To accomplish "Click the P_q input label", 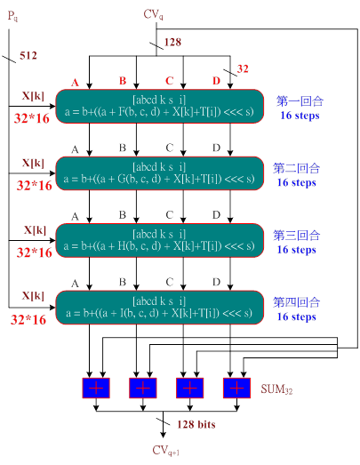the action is point(12,16).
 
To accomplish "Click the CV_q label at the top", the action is point(153,14).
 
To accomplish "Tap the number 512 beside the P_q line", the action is point(28,55).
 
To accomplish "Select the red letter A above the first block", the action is point(75,82).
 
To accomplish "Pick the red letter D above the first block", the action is point(216,81).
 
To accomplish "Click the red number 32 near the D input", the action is point(243,68).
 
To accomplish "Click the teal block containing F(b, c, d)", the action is point(159,106).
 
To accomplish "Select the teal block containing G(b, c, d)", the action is point(159,173).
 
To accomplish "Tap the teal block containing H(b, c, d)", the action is point(159,240).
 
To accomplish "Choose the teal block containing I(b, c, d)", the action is point(159,308).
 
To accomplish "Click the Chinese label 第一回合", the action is point(300,101).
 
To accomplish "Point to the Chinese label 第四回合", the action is point(296,302).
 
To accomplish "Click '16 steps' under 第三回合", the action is point(296,250).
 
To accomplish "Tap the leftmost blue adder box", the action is point(96,388).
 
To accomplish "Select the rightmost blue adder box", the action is point(236,388).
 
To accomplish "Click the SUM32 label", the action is point(276,389).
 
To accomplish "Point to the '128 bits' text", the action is point(196,424).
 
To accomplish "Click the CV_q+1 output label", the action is point(165,450).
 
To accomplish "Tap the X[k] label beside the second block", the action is point(33,163).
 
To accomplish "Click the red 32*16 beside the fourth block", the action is point(28,320).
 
